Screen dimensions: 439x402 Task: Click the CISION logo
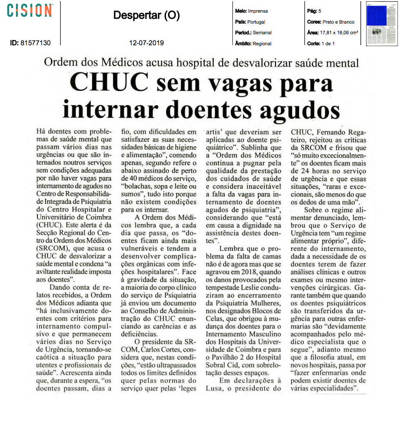[x=30, y=10]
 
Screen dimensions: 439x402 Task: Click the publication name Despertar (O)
[x=146, y=15]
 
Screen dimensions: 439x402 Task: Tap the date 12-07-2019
[x=146, y=42]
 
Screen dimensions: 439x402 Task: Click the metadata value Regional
[x=262, y=44]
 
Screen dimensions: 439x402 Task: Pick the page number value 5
[x=320, y=11]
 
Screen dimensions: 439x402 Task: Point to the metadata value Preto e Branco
[x=338, y=22]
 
